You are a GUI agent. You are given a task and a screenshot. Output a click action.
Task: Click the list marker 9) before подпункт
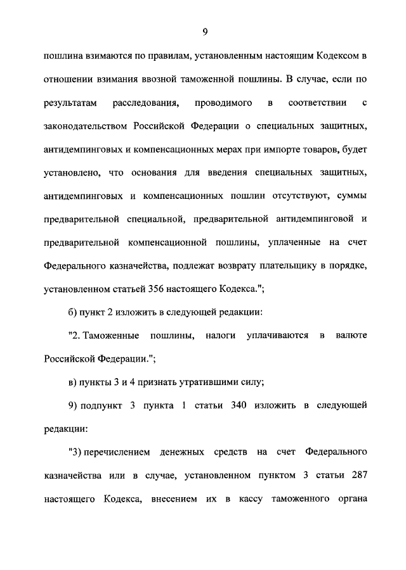tap(72, 405)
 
